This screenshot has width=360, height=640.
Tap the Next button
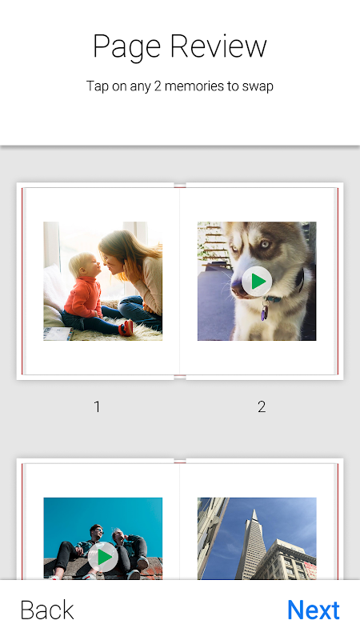tap(314, 610)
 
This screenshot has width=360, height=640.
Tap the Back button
tap(47, 610)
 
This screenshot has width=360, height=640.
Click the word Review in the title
tap(218, 46)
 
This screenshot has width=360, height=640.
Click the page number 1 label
tap(97, 406)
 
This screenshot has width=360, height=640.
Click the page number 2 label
tap(262, 406)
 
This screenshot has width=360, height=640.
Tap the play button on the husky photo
tap(257, 282)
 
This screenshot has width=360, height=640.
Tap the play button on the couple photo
tap(103, 557)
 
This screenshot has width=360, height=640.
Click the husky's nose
tap(238, 290)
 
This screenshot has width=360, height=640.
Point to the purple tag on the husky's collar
tap(265, 313)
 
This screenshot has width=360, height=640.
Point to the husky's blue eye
tap(266, 246)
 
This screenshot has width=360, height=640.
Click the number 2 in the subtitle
tap(158, 86)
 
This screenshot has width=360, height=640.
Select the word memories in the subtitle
tap(191, 86)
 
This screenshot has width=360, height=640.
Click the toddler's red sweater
tap(83, 297)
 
